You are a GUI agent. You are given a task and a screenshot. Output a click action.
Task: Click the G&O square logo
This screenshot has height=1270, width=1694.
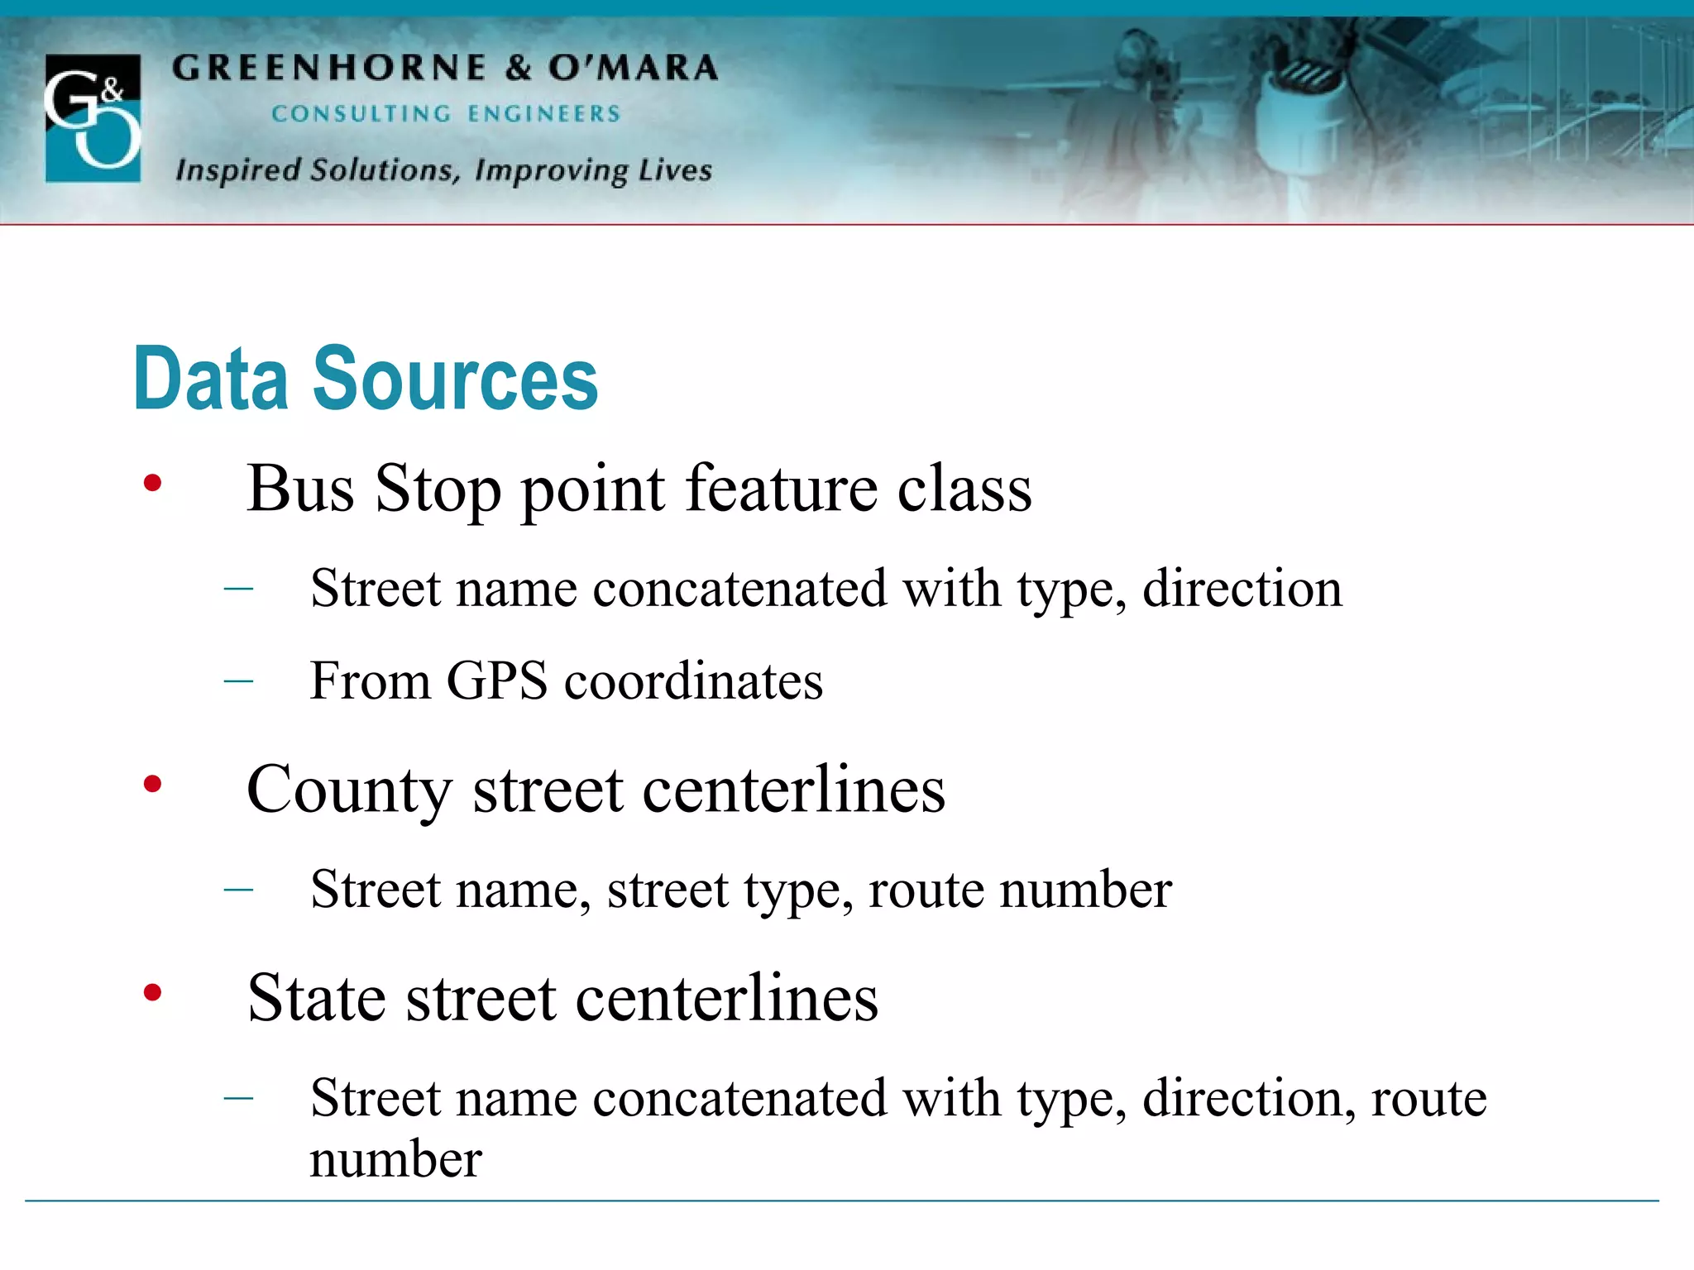click(x=93, y=117)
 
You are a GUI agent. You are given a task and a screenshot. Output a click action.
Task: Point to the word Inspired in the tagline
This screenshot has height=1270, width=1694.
click(x=238, y=170)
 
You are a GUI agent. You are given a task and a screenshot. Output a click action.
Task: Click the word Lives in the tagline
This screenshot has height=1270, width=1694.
click(x=675, y=170)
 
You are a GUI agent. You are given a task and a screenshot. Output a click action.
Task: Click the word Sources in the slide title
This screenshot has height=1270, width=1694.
click(x=454, y=379)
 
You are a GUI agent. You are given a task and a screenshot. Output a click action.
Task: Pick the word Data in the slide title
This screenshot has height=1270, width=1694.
click(x=211, y=379)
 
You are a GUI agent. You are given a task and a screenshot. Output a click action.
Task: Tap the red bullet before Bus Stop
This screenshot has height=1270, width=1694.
click(x=152, y=483)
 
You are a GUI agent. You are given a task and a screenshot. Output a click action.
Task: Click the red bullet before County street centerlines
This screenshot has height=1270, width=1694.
click(x=152, y=784)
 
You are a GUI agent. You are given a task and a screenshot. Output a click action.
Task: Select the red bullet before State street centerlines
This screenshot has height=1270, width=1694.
click(x=152, y=992)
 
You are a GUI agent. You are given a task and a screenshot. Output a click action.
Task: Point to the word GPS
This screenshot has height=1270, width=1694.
click(x=496, y=681)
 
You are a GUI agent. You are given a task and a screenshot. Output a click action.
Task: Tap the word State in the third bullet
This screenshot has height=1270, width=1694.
click(x=317, y=998)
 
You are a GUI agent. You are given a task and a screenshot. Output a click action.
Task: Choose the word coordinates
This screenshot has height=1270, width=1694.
click(x=693, y=681)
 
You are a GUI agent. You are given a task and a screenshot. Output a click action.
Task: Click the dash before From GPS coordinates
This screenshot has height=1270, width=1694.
click(x=238, y=681)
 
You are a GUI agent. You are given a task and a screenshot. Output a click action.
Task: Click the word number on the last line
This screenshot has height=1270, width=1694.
click(x=395, y=1159)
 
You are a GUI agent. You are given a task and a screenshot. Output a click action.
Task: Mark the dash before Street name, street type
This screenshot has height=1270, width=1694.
click(x=238, y=890)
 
